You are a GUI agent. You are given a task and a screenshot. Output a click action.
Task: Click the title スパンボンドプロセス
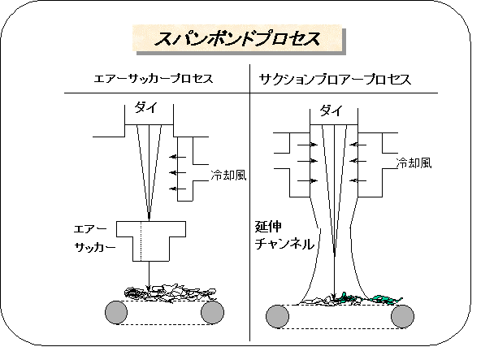pyautogui.click(x=237, y=39)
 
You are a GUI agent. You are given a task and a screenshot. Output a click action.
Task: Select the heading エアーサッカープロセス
pyautogui.click(x=154, y=79)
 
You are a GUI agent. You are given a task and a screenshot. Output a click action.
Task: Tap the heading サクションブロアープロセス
pyautogui.click(x=335, y=79)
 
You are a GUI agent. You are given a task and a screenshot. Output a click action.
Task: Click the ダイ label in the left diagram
pyautogui.click(x=146, y=108)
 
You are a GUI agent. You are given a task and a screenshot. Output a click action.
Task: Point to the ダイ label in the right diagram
pyautogui.click(x=331, y=111)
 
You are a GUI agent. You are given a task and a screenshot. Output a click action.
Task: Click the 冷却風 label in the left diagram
pyautogui.click(x=228, y=176)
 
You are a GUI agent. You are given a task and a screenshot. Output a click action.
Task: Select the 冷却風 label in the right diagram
pyautogui.click(x=414, y=163)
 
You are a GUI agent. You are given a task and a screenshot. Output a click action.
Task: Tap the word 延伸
pyautogui.click(x=268, y=227)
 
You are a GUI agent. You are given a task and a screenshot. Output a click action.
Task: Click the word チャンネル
pyautogui.click(x=284, y=245)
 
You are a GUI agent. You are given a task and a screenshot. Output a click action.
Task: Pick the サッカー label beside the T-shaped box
pyautogui.click(x=95, y=247)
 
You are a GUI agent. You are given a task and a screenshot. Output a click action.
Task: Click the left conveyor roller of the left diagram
pyautogui.click(x=116, y=312)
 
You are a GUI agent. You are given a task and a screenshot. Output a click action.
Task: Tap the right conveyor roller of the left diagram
pyautogui.click(x=212, y=312)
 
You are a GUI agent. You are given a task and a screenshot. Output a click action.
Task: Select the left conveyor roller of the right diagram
pyautogui.click(x=277, y=316)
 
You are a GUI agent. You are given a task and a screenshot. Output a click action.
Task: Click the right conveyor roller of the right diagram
pyautogui.click(x=402, y=316)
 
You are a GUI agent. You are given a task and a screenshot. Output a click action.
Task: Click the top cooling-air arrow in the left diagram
pyautogui.click(x=178, y=157)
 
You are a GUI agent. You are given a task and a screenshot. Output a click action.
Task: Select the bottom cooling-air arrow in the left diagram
pyautogui.click(x=178, y=189)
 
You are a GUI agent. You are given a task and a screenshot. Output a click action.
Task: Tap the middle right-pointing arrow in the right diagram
pyautogui.click(x=308, y=161)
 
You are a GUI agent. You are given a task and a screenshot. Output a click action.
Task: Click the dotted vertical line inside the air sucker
pyautogui.click(x=141, y=241)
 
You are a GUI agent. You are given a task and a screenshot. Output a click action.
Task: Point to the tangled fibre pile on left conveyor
pyautogui.click(x=170, y=293)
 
